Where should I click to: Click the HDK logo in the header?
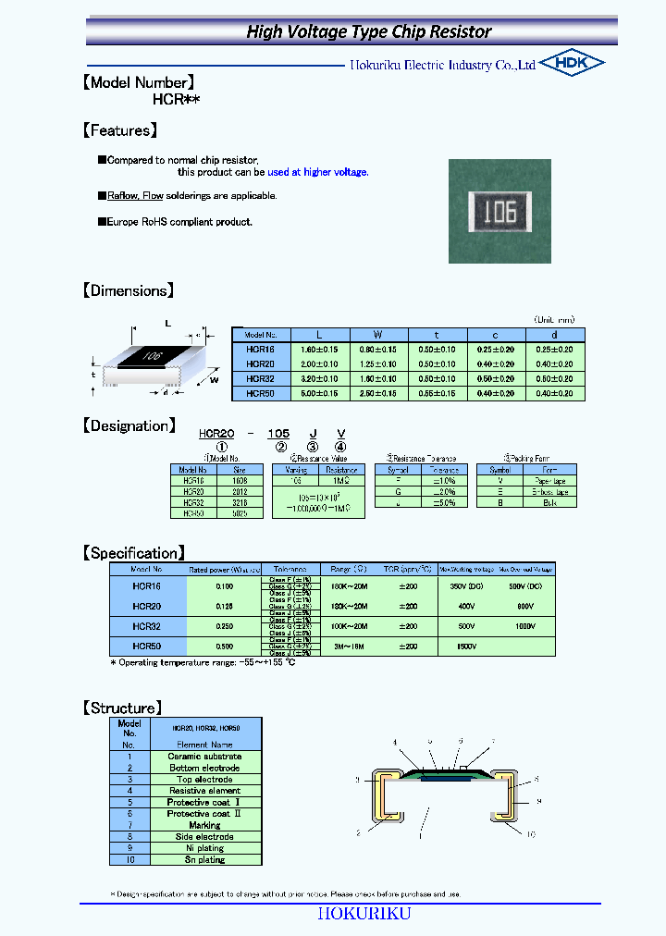(572, 63)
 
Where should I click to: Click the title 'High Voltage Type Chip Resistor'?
(368, 31)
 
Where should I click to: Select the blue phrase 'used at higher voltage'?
(317, 172)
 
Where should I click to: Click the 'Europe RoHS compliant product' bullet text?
(179, 222)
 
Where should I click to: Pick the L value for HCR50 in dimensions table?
(319, 393)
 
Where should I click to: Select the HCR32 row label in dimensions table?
(261, 378)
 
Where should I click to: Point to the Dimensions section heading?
(128, 290)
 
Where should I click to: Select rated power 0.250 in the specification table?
(224, 626)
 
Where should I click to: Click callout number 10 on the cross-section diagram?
(532, 835)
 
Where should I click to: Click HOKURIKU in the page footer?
(364, 913)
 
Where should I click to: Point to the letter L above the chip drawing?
(168, 323)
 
